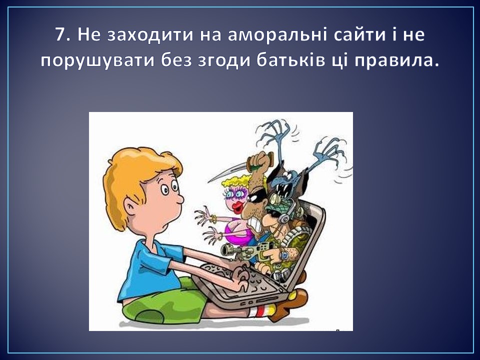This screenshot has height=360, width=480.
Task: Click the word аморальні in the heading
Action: (x=278, y=35)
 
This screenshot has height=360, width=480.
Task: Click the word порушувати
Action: (x=97, y=61)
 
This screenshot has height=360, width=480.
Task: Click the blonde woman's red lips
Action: (x=237, y=207)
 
